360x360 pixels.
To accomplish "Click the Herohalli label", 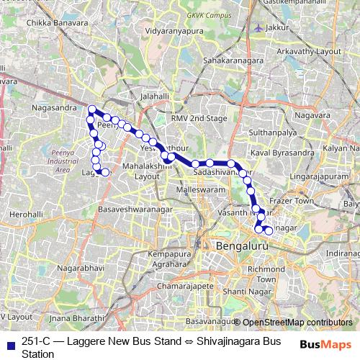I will (x=27, y=215).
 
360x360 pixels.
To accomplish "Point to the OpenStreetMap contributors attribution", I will (x=297, y=322).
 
